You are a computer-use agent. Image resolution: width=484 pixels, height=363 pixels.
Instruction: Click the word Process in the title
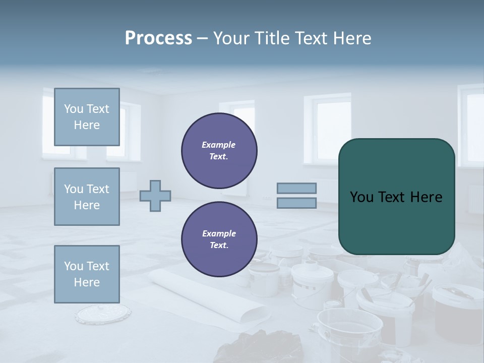158,38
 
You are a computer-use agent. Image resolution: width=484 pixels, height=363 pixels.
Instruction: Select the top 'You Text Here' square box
87,117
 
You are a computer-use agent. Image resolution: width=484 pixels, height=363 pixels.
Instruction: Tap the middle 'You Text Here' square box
87,197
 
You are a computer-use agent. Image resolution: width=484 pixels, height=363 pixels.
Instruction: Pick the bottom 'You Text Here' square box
87,274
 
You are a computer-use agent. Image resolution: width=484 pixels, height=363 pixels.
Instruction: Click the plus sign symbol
155,196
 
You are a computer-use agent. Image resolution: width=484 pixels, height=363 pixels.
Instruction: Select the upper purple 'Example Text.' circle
219,150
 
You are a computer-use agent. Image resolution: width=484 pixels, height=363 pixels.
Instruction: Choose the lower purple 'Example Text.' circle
219,239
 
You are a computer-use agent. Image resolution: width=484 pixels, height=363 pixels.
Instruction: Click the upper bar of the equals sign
296,188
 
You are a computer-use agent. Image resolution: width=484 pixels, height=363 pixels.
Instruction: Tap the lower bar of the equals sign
296,203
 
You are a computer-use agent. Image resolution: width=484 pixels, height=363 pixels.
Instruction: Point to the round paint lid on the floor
103,314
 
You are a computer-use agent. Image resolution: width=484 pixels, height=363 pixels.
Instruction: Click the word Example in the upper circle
219,145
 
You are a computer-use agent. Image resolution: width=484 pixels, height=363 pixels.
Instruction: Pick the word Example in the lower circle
219,233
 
